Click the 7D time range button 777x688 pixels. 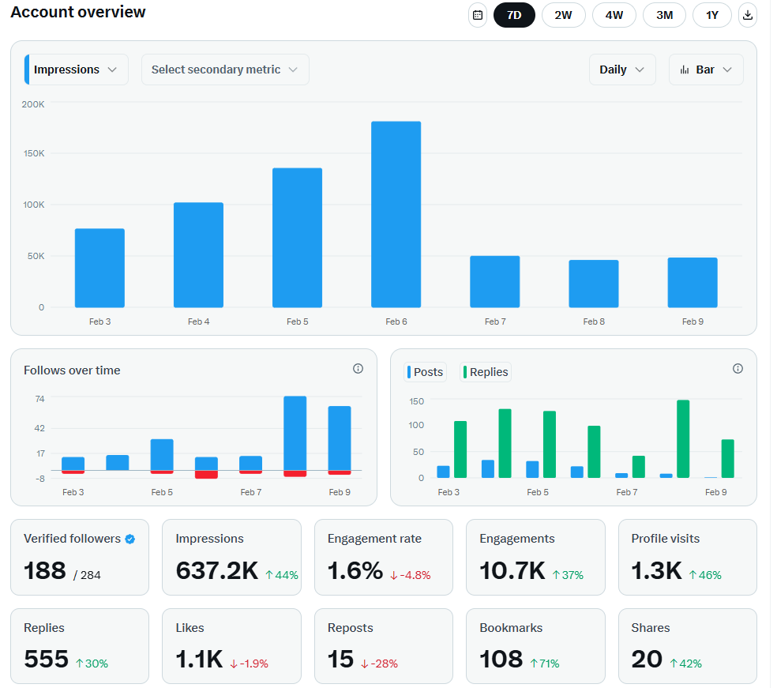click(514, 15)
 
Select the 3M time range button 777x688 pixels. click(664, 15)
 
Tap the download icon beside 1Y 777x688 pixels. click(747, 15)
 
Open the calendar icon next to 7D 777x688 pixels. click(477, 15)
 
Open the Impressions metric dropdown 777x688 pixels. click(77, 70)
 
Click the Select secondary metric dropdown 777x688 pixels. click(224, 70)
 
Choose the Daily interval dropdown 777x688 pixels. click(621, 70)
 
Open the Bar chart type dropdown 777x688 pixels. click(705, 70)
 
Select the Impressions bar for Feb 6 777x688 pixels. click(396, 214)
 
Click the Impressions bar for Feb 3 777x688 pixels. click(99, 268)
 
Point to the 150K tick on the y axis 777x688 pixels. click(33, 153)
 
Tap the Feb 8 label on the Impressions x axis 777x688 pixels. click(594, 321)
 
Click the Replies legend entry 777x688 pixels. click(486, 372)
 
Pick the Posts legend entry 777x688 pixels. click(426, 372)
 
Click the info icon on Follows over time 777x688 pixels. click(358, 369)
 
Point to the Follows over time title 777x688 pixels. click(72, 370)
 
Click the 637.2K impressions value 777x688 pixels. click(216, 571)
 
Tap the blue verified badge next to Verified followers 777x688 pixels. click(130, 539)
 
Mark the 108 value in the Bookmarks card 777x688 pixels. click(501, 659)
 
